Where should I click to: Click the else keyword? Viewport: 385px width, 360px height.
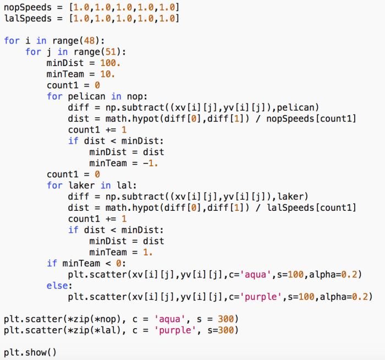(x=58, y=286)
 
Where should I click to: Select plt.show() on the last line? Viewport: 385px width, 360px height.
(x=30, y=352)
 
